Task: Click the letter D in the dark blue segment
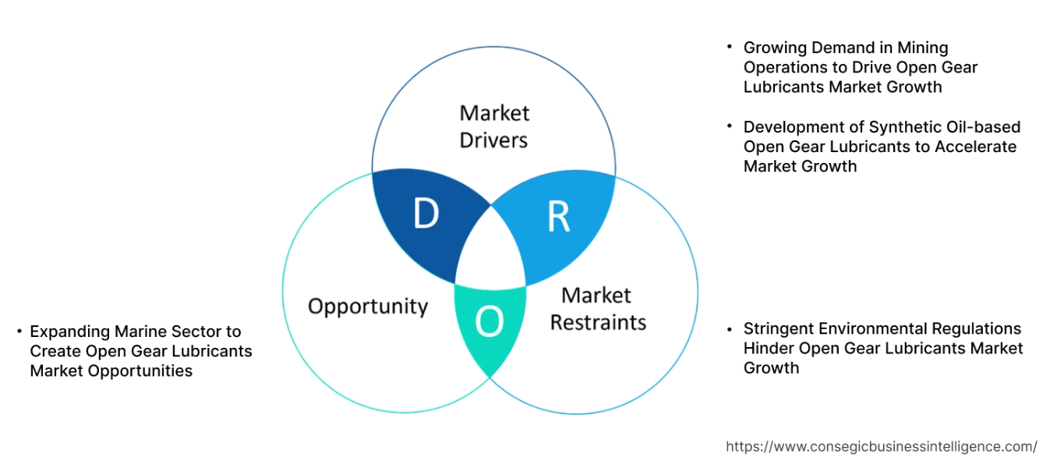pyautogui.click(x=426, y=214)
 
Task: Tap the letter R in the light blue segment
pyautogui.click(x=558, y=218)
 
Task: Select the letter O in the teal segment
pyautogui.click(x=489, y=321)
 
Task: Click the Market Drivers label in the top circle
pyautogui.click(x=493, y=126)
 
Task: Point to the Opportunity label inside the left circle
pyautogui.click(x=368, y=306)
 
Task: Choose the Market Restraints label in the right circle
pyautogui.click(x=598, y=309)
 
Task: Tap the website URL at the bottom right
pyautogui.click(x=881, y=447)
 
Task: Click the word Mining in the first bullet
pyautogui.click(x=921, y=48)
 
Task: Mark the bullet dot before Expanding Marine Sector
pyautogui.click(x=19, y=331)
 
